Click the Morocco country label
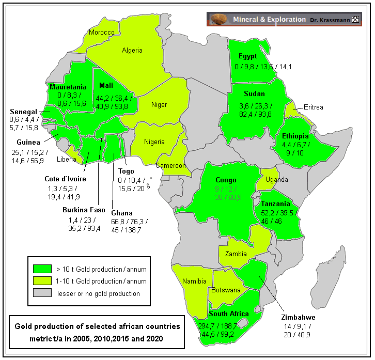[x=101, y=32]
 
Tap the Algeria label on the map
[x=132, y=51]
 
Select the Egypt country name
[x=248, y=56]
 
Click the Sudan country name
[x=254, y=94]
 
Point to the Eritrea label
[x=313, y=107]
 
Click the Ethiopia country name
[x=295, y=136]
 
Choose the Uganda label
[x=277, y=180]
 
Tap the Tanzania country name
[x=276, y=204]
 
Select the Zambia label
[x=236, y=254]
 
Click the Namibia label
[x=194, y=281]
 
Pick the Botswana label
[x=225, y=290]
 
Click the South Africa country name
[x=229, y=314]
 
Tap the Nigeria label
[x=154, y=142]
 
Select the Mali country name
[x=105, y=86]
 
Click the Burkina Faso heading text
[x=84, y=210]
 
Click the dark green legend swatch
[x=42, y=269]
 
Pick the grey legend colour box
[x=42, y=293]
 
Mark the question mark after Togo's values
[x=148, y=189]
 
